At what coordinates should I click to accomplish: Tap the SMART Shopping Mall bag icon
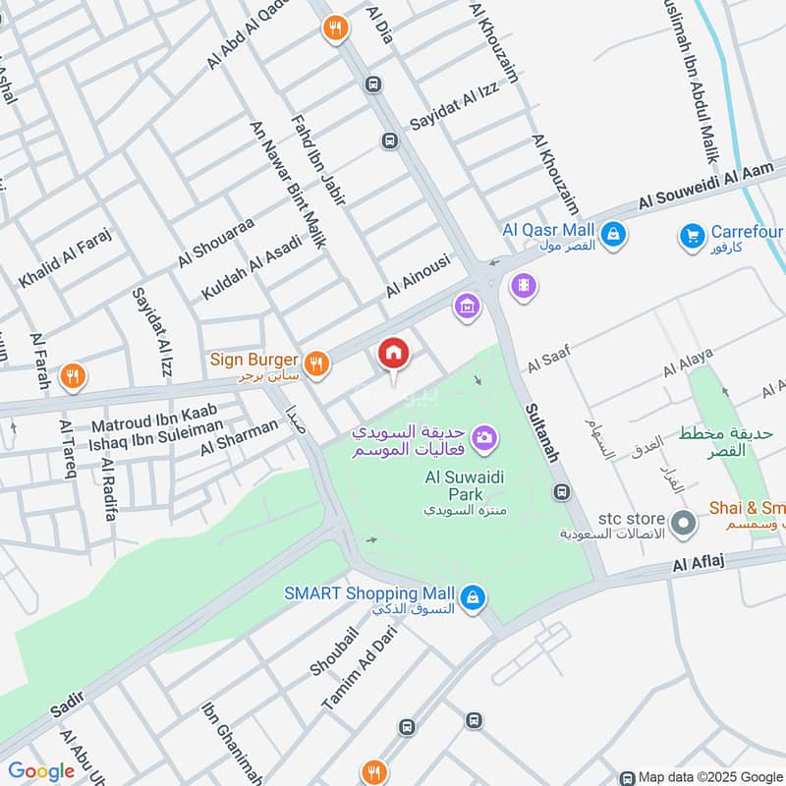(x=473, y=597)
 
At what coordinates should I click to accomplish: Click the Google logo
(x=41, y=771)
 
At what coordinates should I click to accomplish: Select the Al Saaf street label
(x=548, y=361)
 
